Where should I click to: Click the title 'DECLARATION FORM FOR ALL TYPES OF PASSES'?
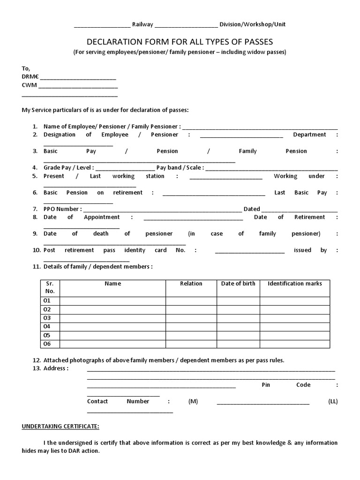tap(180, 41)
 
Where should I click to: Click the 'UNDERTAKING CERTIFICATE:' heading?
tap(60, 426)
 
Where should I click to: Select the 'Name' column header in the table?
tap(112, 284)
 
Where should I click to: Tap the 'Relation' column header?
tap(191, 284)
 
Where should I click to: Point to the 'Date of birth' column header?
tap(238, 284)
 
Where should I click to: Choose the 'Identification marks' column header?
tap(295, 284)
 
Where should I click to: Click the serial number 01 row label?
tap(47, 300)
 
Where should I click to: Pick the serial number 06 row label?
tap(47, 344)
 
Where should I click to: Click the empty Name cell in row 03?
tap(112, 318)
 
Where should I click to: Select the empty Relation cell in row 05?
tap(191, 336)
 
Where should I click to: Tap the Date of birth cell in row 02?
tap(238, 309)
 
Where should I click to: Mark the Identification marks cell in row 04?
tap(295, 327)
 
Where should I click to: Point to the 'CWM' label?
tap(30, 85)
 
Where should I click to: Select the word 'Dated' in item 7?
tap(251, 209)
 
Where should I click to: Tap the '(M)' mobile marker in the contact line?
tap(193, 402)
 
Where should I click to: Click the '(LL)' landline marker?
tap(333, 402)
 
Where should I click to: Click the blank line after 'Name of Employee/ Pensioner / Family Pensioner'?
tap(260, 127)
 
